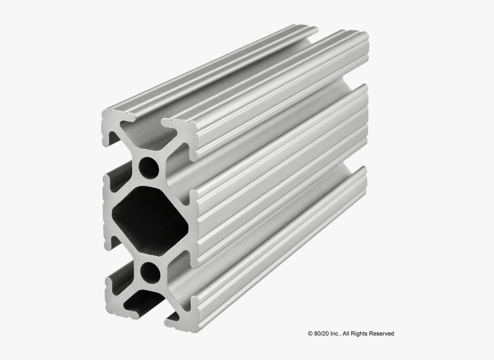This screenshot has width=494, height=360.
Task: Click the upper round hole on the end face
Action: tap(149, 167)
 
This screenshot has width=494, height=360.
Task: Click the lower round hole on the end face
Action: tap(150, 272)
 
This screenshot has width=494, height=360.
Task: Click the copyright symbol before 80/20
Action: tap(310, 334)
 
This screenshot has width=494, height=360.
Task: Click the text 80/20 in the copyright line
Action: tap(322, 334)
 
